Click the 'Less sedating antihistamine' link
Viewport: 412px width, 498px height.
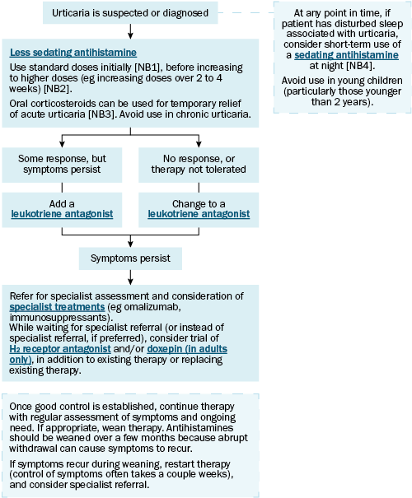tap(73, 53)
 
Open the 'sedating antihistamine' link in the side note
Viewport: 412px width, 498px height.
tap(346, 55)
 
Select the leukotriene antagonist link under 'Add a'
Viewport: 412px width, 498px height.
tap(62, 214)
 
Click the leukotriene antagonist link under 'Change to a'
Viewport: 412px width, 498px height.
tap(199, 214)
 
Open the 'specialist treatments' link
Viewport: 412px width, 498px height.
tap(57, 307)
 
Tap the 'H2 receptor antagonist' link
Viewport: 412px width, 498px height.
tap(60, 349)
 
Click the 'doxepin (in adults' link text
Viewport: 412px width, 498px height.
tap(187, 349)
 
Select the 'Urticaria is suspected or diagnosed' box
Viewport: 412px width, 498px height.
tap(130, 12)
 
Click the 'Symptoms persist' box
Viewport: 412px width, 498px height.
tap(130, 258)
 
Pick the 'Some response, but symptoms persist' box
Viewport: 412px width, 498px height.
tap(62, 165)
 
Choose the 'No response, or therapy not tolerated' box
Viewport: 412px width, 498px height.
tap(199, 165)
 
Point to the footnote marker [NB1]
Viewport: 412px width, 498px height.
tap(149, 67)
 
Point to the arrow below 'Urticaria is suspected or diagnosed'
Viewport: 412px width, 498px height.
tap(130, 31)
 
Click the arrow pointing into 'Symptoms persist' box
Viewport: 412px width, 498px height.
tap(130, 241)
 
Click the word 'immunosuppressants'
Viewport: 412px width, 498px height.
tap(61, 318)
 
